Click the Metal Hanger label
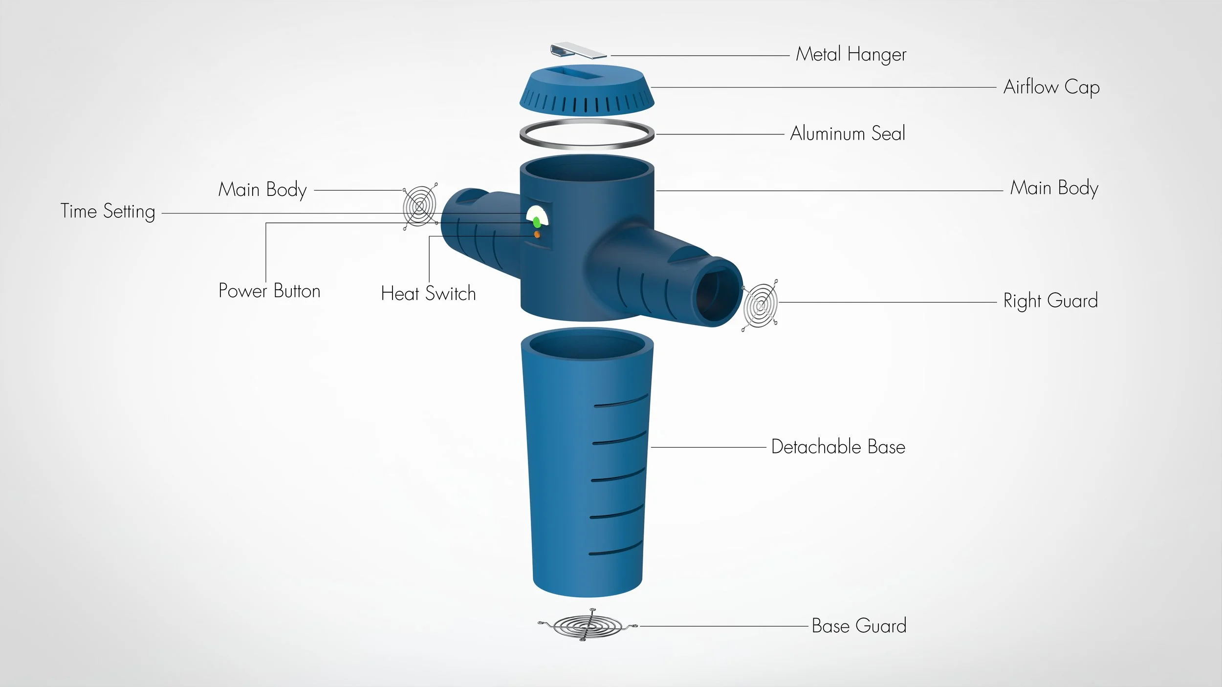pyautogui.click(x=851, y=54)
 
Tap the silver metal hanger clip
pyautogui.click(x=578, y=50)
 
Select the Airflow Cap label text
pyautogui.click(x=1051, y=87)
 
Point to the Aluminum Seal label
pyautogui.click(x=848, y=133)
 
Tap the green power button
pyautogui.click(x=537, y=223)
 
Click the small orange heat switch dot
pyautogui.click(x=537, y=235)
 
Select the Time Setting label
pyautogui.click(x=108, y=212)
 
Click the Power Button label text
pyautogui.click(x=269, y=291)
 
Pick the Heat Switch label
pyautogui.click(x=428, y=294)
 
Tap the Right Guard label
pyautogui.click(x=1050, y=301)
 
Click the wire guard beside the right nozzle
pyautogui.click(x=760, y=305)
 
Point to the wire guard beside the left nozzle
pyautogui.click(x=419, y=207)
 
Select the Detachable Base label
pyautogui.click(x=838, y=447)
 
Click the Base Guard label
pyautogui.click(x=859, y=626)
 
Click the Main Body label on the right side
pyautogui.click(x=1054, y=188)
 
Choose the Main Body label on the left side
pyautogui.click(x=262, y=190)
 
